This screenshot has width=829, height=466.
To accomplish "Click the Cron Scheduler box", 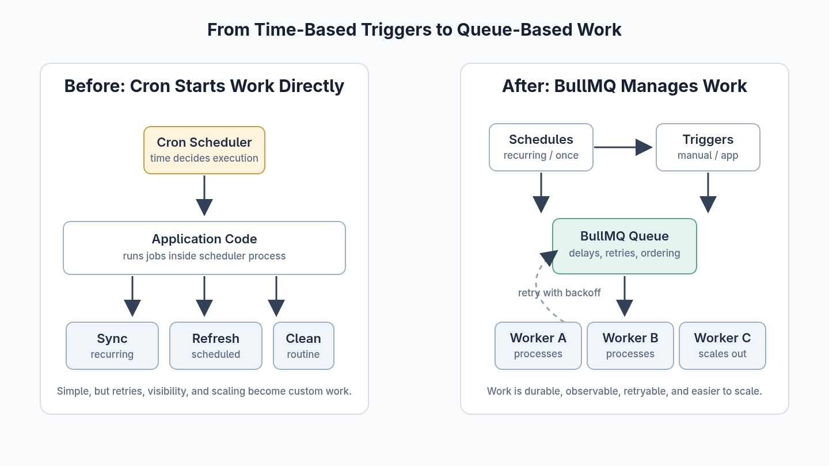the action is [x=204, y=150].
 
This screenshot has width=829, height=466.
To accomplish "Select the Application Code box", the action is [x=204, y=248].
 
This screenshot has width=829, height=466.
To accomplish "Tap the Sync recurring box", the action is [x=112, y=346].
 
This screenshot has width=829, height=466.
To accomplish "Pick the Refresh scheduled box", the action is [x=216, y=346].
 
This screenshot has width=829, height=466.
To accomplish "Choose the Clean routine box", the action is [x=303, y=346].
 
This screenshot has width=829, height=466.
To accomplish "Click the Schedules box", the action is [x=541, y=147].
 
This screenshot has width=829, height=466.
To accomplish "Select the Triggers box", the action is [x=708, y=147].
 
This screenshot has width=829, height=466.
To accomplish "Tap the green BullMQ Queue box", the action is [x=624, y=246].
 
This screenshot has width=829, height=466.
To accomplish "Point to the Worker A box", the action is [x=538, y=346].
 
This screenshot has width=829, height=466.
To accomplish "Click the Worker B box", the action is [x=630, y=346].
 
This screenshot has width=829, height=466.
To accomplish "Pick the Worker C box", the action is [x=722, y=346].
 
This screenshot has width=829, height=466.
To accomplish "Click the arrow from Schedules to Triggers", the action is [x=623, y=147].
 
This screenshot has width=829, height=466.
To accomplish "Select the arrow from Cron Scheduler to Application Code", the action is [x=204, y=196].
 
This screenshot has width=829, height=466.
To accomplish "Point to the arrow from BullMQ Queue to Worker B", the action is [x=625, y=296].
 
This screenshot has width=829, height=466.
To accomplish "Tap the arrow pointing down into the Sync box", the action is [x=132, y=296].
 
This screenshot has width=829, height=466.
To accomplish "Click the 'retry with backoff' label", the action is [x=559, y=293].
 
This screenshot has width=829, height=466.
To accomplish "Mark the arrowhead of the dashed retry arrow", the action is [x=549, y=258].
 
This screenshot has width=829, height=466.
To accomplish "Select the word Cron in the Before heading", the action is [x=150, y=86].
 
